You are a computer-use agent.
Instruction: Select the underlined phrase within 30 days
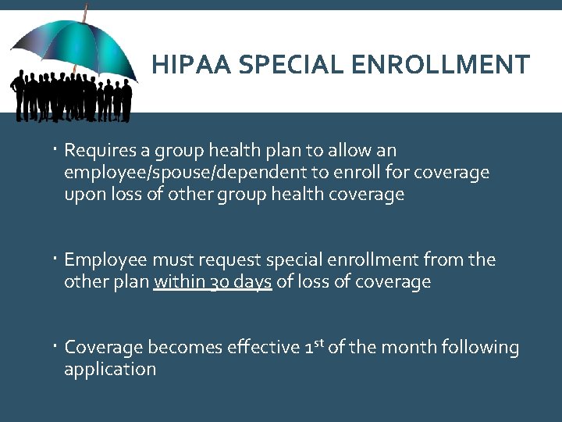tap(213, 282)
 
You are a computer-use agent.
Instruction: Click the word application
tap(110, 369)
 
